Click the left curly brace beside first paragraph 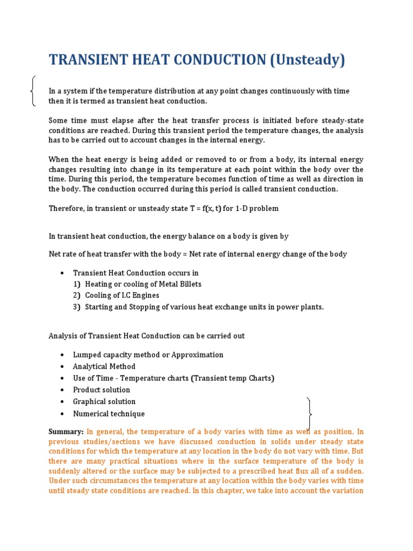click(x=34, y=91)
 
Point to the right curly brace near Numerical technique click(x=309, y=413)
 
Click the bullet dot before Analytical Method click(x=63, y=367)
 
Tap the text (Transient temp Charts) click(x=232, y=378)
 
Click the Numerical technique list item click(x=109, y=414)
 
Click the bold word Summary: click(x=66, y=432)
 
